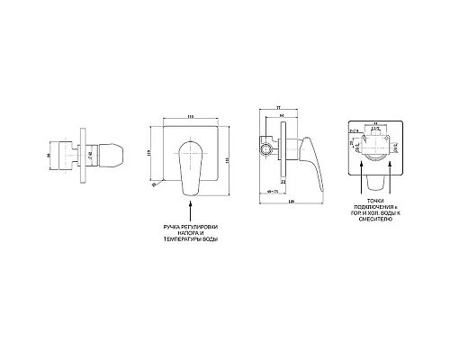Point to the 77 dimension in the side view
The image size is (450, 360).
[280, 106]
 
